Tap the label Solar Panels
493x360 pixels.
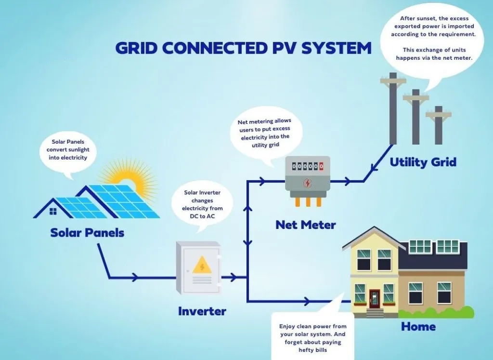tap(87, 233)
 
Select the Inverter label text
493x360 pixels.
tap(202, 311)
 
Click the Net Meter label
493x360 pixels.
tap(305, 225)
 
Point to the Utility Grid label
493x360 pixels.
tap(423, 161)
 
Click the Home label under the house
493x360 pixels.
tap(418, 326)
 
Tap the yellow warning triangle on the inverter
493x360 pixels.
tap(202, 266)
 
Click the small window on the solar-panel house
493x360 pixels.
tap(53, 211)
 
